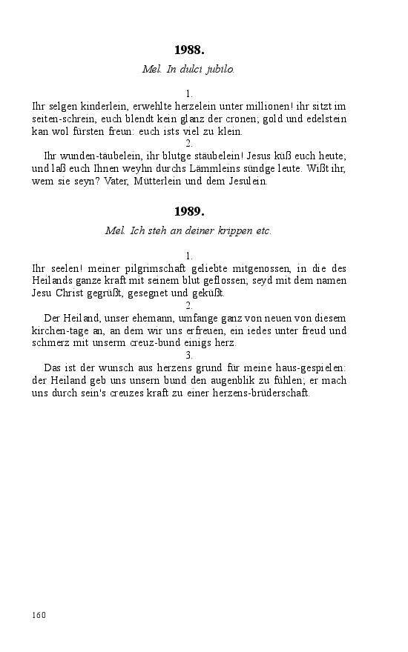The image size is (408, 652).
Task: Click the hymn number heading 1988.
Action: pos(189,50)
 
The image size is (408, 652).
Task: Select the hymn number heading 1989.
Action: pos(189,211)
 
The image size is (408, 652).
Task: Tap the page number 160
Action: pos(39,614)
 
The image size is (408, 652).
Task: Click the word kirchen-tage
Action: pos(60,330)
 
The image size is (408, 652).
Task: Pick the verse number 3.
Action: pos(189,355)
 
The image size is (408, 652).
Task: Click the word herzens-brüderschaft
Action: pos(256,393)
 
